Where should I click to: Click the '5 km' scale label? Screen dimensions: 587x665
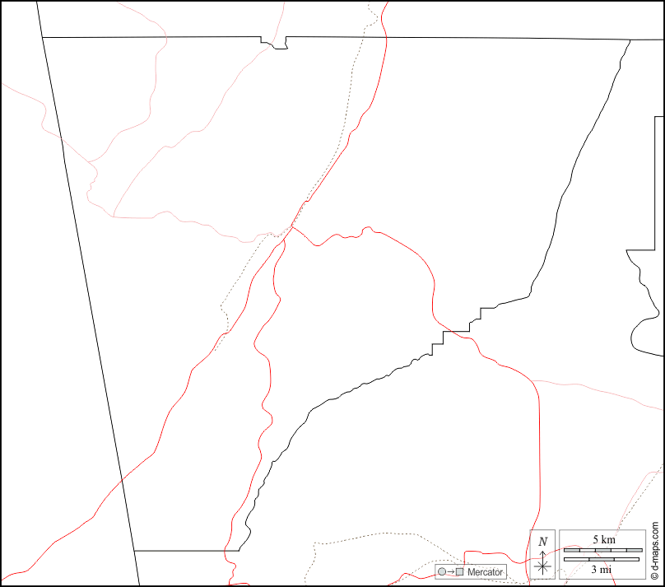603,539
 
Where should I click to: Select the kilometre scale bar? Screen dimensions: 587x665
602,549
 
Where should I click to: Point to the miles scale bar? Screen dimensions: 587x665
601,560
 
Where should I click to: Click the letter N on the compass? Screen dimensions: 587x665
542,541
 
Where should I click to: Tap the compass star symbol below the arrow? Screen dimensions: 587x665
542,566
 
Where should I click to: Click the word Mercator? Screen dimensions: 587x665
485,571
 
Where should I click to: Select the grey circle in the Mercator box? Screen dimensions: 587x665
443,571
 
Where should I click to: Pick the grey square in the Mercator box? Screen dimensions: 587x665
460,571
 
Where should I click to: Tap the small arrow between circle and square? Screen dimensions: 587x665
451,571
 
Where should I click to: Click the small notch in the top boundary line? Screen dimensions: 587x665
274,44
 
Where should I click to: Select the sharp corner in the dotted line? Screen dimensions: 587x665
221,307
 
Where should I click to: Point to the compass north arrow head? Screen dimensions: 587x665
542,553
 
